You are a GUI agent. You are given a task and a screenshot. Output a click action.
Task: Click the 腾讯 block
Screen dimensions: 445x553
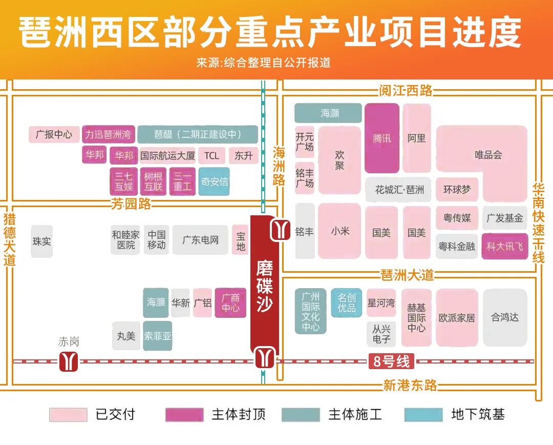(x=381, y=138)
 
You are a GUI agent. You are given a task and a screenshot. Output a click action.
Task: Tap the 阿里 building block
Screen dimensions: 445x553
(x=417, y=138)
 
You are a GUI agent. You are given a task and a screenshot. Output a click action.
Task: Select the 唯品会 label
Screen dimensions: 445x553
(x=488, y=154)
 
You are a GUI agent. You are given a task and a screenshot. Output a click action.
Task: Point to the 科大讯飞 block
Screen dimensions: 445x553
(x=505, y=247)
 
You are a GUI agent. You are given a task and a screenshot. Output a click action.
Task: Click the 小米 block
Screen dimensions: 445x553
(x=339, y=231)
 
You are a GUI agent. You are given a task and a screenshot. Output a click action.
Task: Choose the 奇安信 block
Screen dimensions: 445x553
(x=214, y=181)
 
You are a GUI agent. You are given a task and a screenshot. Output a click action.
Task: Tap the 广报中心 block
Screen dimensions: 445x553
(x=54, y=135)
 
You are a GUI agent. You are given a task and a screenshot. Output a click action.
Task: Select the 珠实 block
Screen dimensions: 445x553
(x=41, y=241)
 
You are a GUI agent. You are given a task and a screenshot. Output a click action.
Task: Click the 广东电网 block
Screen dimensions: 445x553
(x=200, y=240)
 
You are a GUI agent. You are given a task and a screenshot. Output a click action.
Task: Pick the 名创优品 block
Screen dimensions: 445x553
(x=347, y=302)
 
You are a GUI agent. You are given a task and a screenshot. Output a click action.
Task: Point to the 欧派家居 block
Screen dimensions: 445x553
(x=457, y=317)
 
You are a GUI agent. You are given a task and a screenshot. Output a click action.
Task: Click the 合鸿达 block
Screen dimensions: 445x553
(x=505, y=317)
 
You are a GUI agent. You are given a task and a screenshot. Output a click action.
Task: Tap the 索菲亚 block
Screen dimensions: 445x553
(x=157, y=336)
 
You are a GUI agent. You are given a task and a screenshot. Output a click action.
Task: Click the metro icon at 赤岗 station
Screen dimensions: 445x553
(x=69, y=361)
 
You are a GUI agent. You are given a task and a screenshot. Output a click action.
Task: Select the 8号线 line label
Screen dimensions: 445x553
(x=391, y=361)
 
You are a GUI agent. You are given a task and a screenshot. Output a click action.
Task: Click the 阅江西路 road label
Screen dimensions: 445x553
(x=406, y=91)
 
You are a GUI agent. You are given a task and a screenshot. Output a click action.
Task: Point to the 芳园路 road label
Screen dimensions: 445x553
(x=131, y=204)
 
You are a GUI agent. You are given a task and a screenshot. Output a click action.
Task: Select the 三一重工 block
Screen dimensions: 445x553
(x=182, y=181)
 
